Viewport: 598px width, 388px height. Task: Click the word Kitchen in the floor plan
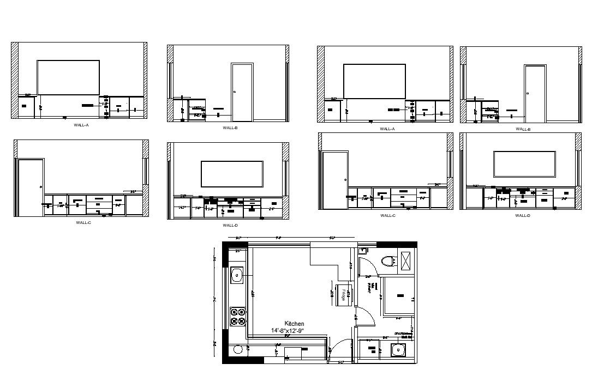pyautogui.click(x=294, y=324)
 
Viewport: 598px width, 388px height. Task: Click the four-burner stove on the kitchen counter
pyautogui.click(x=238, y=317)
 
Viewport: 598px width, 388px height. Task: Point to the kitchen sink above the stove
pyautogui.click(x=237, y=275)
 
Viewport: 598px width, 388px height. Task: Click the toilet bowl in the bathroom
pyautogui.click(x=388, y=260)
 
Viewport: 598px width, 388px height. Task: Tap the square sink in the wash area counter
pyautogui.click(x=398, y=351)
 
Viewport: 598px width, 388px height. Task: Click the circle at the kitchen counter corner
pyautogui.click(x=237, y=349)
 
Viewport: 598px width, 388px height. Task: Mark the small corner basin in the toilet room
pyautogui.click(x=363, y=251)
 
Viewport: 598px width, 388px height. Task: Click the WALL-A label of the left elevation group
pyautogui.click(x=81, y=125)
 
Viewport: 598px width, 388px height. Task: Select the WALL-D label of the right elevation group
pyautogui.click(x=523, y=215)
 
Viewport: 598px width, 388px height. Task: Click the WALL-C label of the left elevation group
pyautogui.click(x=83, y=222)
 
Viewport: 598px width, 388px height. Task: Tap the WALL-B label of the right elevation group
pyautogui.click(x=523, y=129)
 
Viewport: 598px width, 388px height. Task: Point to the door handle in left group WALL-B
pyautogui.click(x=234, y=92)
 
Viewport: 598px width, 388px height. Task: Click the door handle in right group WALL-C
pyautogui.click(x=345, y=179)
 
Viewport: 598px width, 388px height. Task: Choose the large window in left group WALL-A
pyautogui.click(x=68, y=77)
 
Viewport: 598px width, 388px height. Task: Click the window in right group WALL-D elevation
pyautogui.click(x=524, y=164)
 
